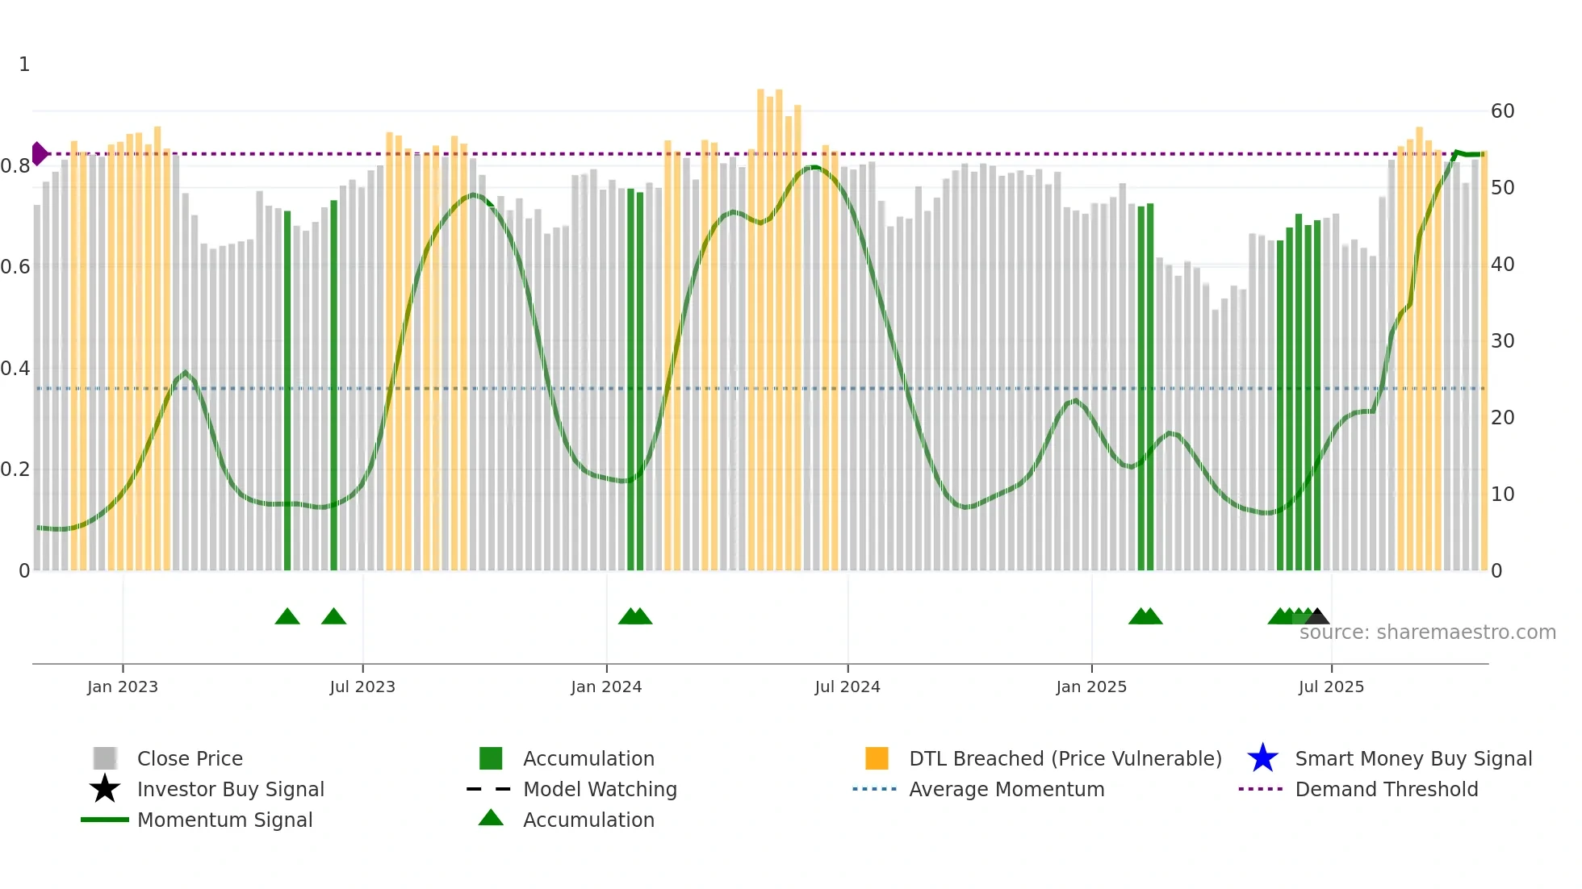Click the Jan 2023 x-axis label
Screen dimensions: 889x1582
(123, 687)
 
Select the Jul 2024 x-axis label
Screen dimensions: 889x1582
(847, 687)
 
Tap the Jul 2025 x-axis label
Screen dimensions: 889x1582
(1331, 687)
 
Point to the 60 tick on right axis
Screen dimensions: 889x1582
(1502, 111)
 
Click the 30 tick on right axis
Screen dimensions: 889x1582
(1502, 341)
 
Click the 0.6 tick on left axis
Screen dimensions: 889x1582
(16, 267)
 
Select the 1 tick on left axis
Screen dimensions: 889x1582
(24, 65)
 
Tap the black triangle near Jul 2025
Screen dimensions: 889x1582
(1318, 616)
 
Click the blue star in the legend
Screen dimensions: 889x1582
(1262, 758)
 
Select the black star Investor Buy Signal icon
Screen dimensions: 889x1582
(105, 789)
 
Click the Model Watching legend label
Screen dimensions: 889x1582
(600, 789)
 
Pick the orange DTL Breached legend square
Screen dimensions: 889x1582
(877, 758)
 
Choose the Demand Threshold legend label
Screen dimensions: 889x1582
(1386, 789)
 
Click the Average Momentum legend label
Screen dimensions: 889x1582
(1007, 789)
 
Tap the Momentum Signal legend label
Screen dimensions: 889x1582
(224, 820)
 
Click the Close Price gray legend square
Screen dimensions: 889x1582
(105, 758)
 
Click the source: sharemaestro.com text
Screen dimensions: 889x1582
(1427, 632)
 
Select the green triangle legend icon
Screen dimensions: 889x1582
(491, 818)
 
